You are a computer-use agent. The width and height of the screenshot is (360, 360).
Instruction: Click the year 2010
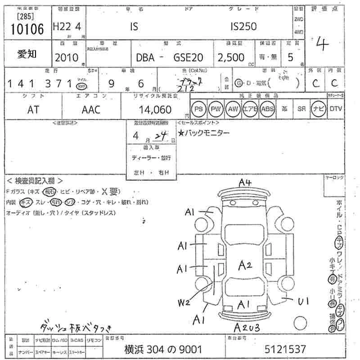(x=66, y=58)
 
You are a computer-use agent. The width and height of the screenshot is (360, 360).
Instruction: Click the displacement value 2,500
(x=231, y=58)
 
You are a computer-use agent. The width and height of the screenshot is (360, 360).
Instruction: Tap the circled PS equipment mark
(x=198, y=109)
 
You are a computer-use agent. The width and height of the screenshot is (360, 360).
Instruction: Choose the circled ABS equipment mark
(x=267, y=109)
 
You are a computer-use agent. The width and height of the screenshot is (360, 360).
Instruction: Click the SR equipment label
(x=302, y=109)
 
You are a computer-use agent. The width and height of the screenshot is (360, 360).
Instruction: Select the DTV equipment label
(x=336, y=109)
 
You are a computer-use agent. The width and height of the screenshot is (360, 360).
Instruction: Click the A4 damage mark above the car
(x=245, y=182)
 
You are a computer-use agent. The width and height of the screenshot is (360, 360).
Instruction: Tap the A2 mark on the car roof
(x=244, y=265)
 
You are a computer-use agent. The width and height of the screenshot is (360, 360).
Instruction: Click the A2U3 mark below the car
(x=247, y=328)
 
